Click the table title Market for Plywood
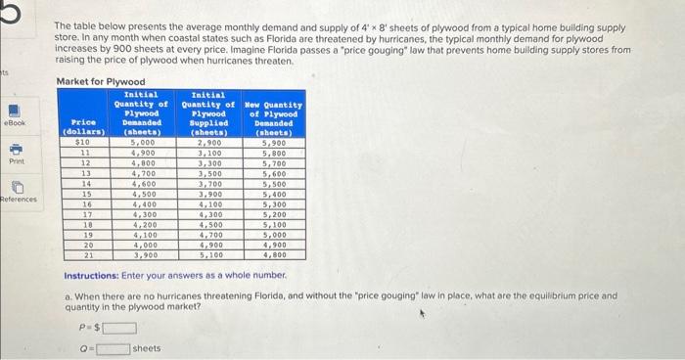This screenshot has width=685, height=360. (101, 81)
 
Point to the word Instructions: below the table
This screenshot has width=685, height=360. (90, 277)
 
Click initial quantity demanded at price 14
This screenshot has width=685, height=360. (142, 183)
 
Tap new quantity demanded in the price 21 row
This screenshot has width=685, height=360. (276, 254)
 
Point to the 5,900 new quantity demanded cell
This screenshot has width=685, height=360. (276, 143)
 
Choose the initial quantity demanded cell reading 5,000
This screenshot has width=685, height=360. (142, 143)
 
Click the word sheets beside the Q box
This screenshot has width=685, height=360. (147, 348)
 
